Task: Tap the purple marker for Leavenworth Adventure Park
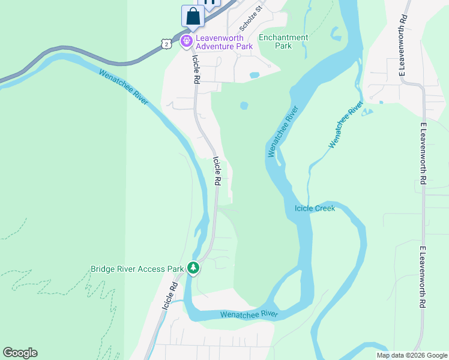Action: pos(186,41)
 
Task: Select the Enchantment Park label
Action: pos(283,41)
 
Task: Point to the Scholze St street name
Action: pos(252,19)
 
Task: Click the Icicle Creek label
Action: pos(315,209)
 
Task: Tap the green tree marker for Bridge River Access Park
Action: pos(193,268)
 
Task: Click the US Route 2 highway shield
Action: pos(166,43)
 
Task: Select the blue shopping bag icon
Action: pos(193,16)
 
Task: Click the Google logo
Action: pos(20,353)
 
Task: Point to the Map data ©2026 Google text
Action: pos(412,355)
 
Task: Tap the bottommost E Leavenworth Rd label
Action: pos(423,277)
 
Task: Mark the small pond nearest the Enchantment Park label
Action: pos(255,76)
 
